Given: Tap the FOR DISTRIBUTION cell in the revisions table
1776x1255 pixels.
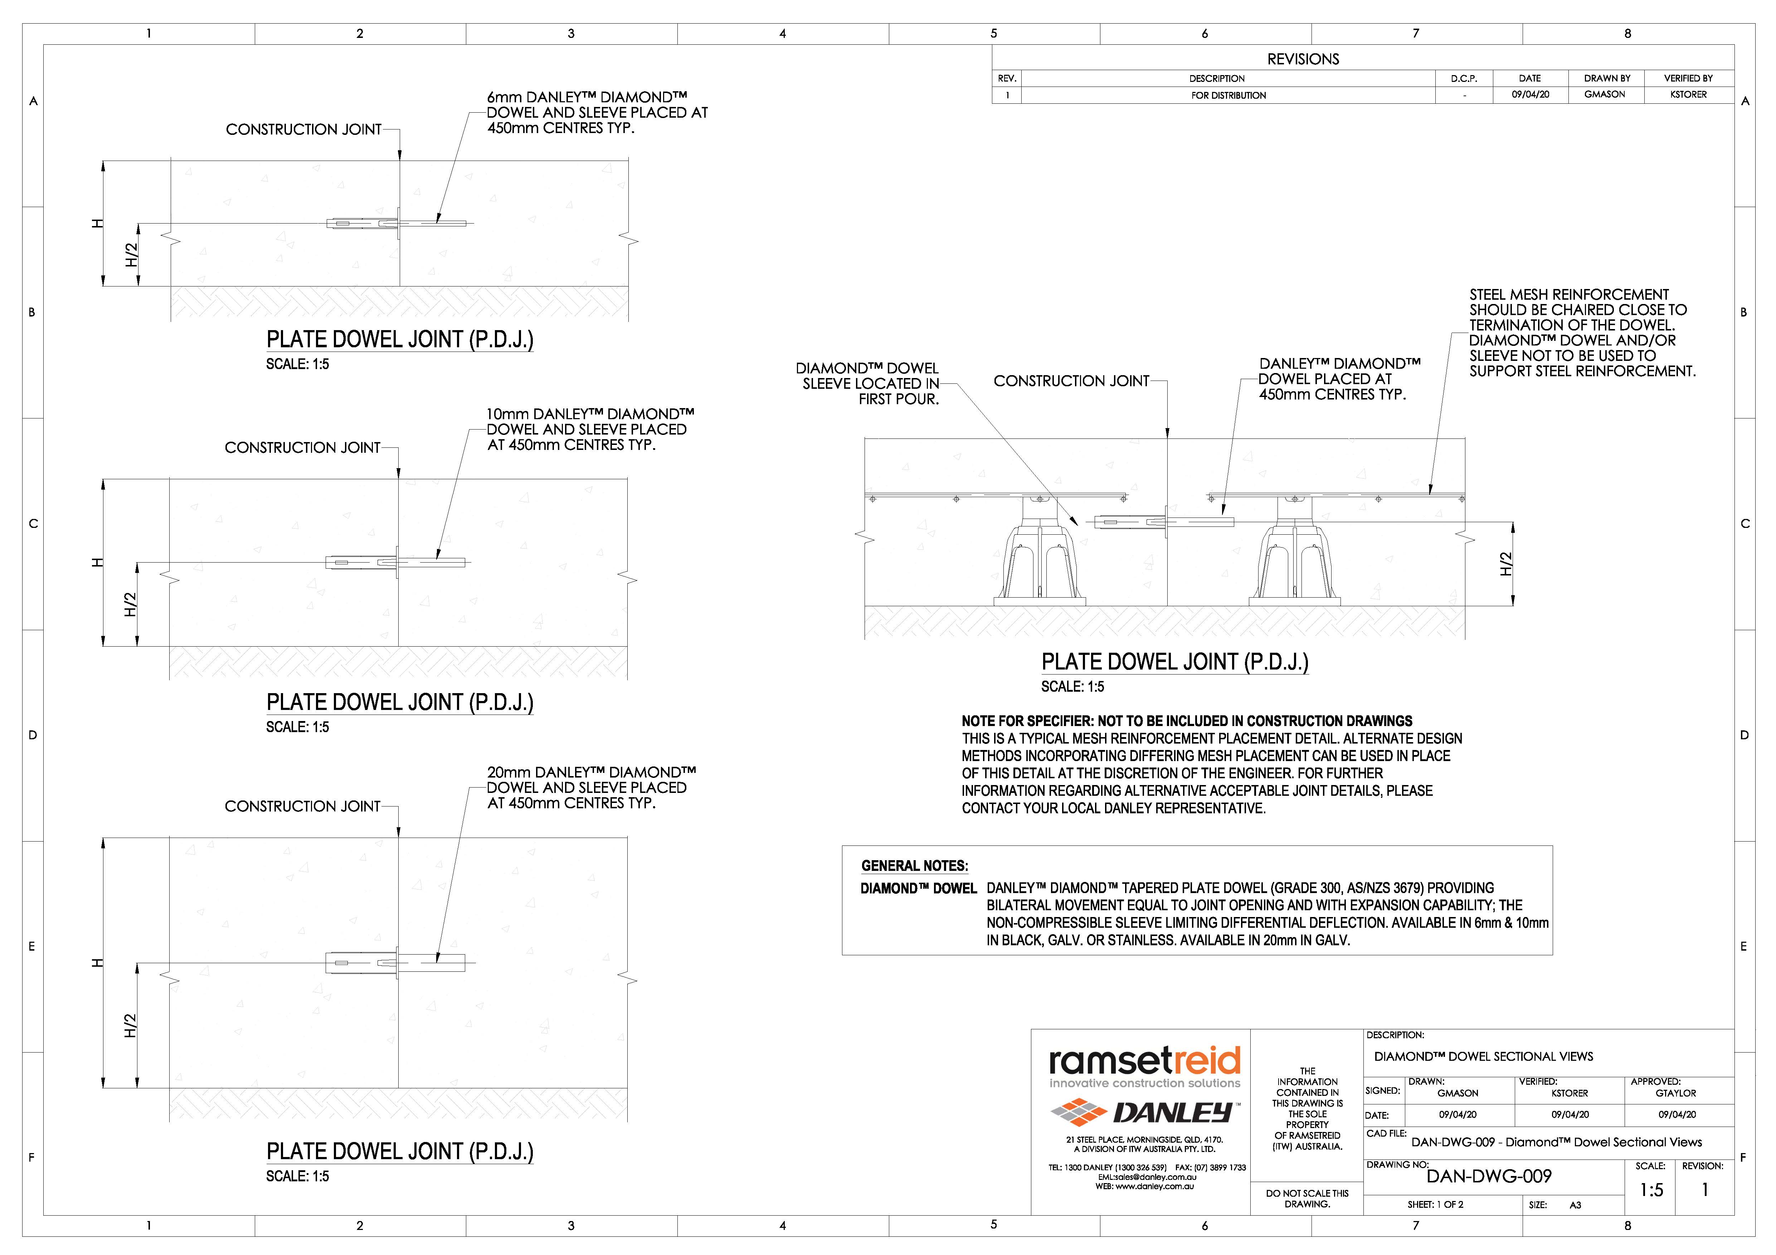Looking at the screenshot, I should pos(1228,95).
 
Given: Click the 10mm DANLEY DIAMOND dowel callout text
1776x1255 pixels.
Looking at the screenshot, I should pos(589,429).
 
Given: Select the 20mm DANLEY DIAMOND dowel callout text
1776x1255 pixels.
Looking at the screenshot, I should pos(591,787).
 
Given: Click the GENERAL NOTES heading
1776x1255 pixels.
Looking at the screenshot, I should pos(914,866).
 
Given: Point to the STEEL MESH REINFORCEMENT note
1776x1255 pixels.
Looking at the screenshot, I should pos(1582,333).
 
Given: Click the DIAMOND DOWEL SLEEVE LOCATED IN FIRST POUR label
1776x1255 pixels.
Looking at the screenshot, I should pos(868,383).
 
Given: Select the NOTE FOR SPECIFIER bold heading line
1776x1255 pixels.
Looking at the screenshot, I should pos(1187,721).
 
